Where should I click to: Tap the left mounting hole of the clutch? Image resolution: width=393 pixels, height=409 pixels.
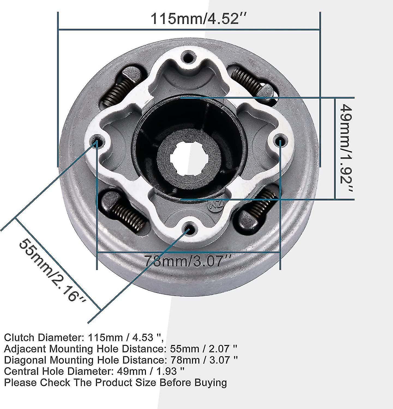coord(97,141)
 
